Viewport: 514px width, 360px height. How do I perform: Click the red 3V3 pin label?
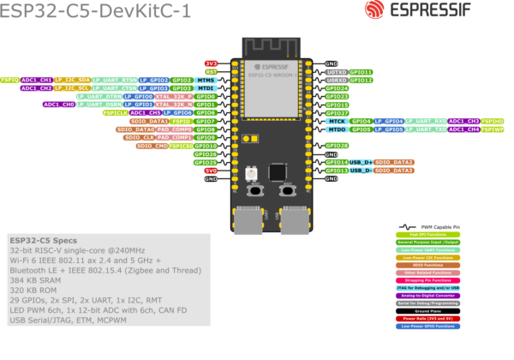coord(211,63)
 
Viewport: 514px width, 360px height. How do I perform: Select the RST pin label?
coord(211,72)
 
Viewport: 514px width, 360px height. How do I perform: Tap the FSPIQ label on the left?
coord(10,80)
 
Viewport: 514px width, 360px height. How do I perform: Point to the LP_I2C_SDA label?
coord(72,80)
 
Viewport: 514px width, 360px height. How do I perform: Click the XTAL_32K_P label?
coord(174,96)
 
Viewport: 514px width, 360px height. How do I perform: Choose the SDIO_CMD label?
coord(152,146)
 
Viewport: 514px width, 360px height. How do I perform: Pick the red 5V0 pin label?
coord(211,171)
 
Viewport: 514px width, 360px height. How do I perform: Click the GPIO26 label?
coord(206,154)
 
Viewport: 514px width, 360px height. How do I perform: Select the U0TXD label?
coord(337,72)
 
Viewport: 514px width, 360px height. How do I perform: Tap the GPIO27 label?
coord(337,112)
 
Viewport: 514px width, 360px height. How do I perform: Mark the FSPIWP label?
coord(493,129)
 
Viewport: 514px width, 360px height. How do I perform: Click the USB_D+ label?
coord(361,162)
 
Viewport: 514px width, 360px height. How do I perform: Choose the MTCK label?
coord(337,121)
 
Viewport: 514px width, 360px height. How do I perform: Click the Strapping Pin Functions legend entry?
coord(427,280)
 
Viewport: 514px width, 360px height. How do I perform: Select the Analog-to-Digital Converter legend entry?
coord(427,296)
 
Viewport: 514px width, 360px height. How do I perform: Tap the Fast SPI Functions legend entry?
coord(427,234)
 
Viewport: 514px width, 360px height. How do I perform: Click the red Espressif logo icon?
coord(374,9)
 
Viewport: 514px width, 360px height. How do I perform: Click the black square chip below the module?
coord(277,171)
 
